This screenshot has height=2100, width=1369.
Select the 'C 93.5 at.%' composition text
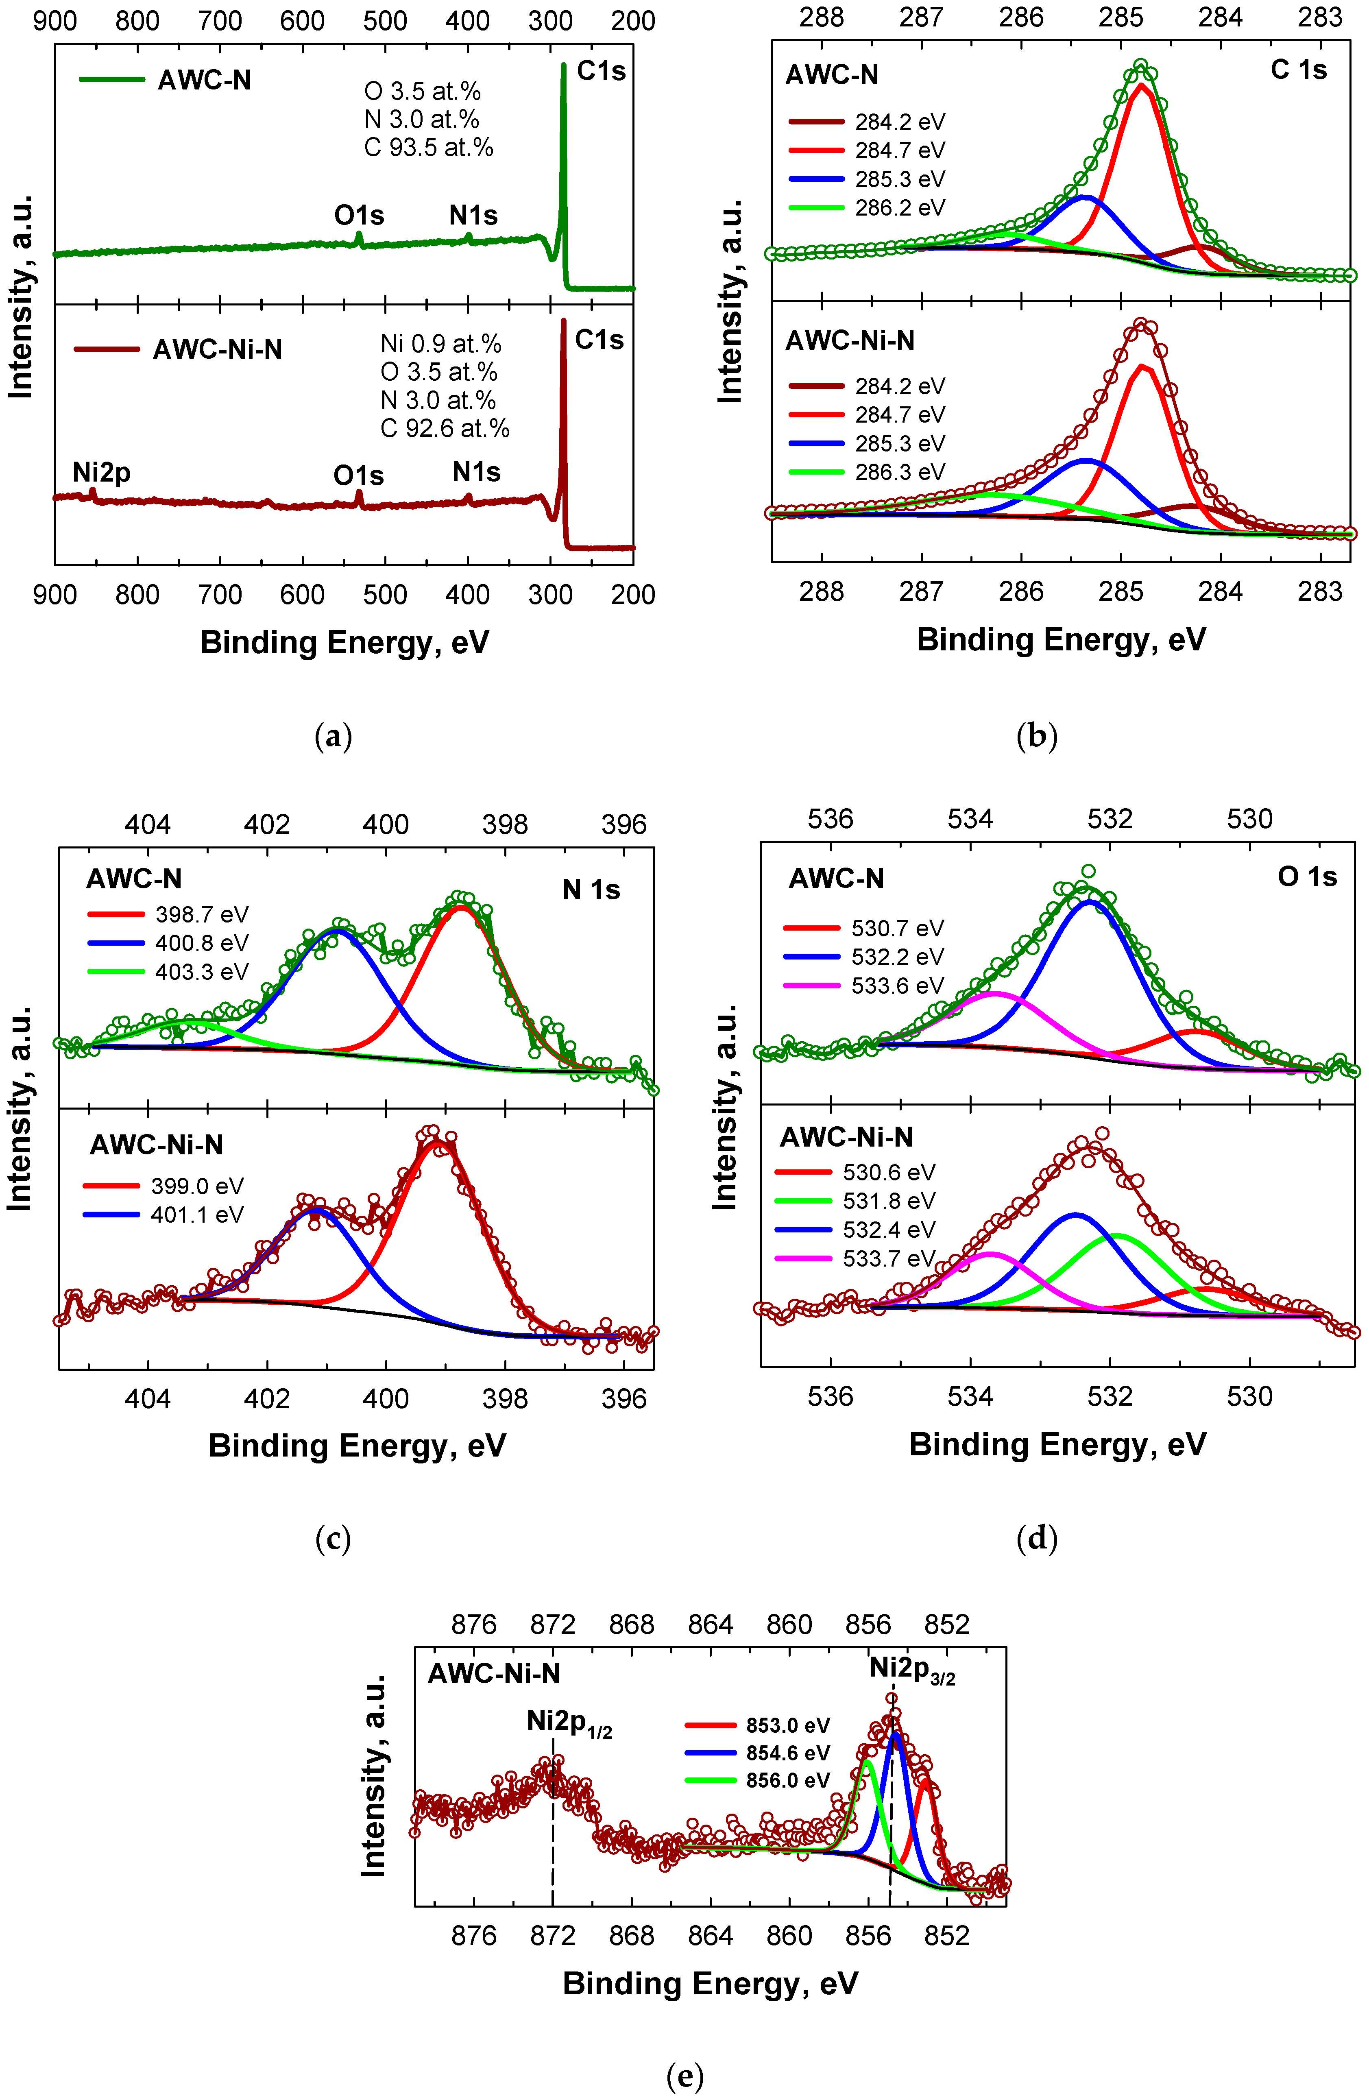tap(429, 147)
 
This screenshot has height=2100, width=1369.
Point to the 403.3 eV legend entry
tap(201, 971)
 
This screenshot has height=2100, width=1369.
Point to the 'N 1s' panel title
tap(591, 890)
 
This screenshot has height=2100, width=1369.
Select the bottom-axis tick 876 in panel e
tap(474, 1936)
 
